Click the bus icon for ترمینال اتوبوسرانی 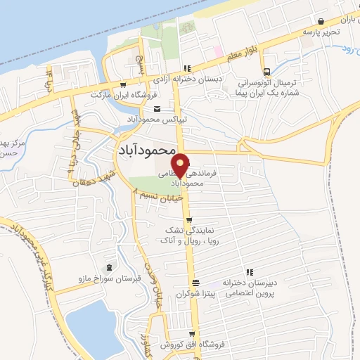tap(266, 72)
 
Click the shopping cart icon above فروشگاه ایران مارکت tap(124, 84)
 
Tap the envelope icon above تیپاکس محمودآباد tap(156, 108)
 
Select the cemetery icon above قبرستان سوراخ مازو tap(108, 268)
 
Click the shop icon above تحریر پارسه tap(321, 21)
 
